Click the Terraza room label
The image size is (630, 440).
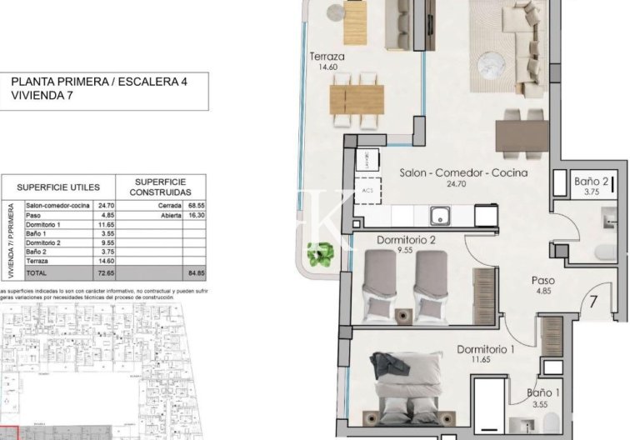click(x=327, y=57)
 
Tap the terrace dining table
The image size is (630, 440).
click(x=357, y=98)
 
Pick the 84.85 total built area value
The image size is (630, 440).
click(x=197, y=272)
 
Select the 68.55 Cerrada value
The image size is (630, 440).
click(x=197, y=204)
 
